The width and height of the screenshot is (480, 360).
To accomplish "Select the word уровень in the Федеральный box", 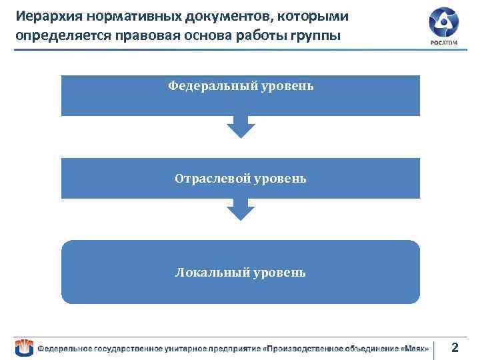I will tap(283, 86).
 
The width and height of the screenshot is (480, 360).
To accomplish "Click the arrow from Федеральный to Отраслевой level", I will tap(241, 127).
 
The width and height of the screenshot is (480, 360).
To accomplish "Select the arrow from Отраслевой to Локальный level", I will tap(241, 209).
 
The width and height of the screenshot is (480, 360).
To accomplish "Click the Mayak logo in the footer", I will tap(25, 347).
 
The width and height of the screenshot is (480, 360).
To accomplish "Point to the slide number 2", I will tap(455, 347).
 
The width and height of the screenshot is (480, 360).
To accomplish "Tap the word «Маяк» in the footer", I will tap(415, 349).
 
